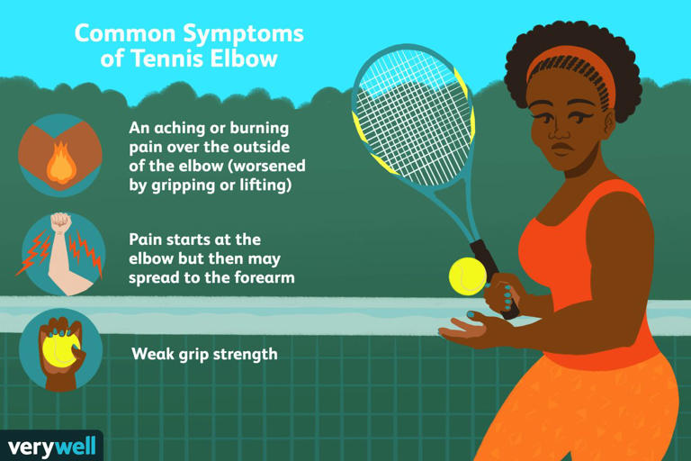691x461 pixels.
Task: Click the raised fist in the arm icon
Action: [x=60, y=222]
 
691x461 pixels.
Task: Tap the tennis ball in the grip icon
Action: [x=58, y=347]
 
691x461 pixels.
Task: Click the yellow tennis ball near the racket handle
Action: [x=467, y=276]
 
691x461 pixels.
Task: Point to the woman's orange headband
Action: [x=570, y=66]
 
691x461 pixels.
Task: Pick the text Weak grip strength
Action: [x=204, y=354]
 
